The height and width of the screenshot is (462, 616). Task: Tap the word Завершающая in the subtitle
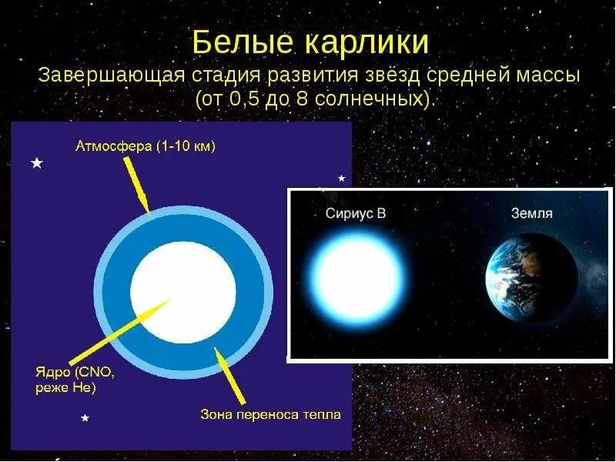pos(111,77)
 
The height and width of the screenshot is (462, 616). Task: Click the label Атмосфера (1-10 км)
pos(146,146)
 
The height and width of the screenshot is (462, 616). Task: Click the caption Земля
pos(531,213)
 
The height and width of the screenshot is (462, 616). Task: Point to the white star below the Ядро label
pos(85,417)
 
